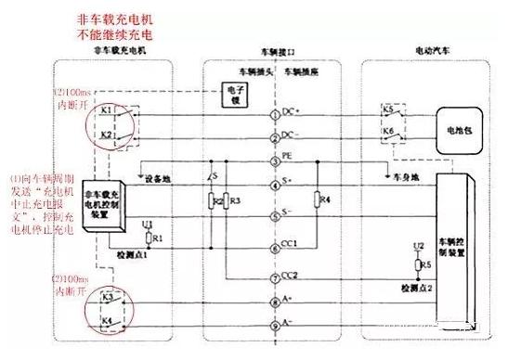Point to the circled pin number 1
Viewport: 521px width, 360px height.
click(274, 114)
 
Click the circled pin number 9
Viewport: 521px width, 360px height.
click(274, 326)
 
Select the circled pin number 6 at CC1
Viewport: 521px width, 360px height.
click(274, 244)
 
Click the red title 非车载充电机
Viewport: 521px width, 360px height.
click(122, 18)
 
